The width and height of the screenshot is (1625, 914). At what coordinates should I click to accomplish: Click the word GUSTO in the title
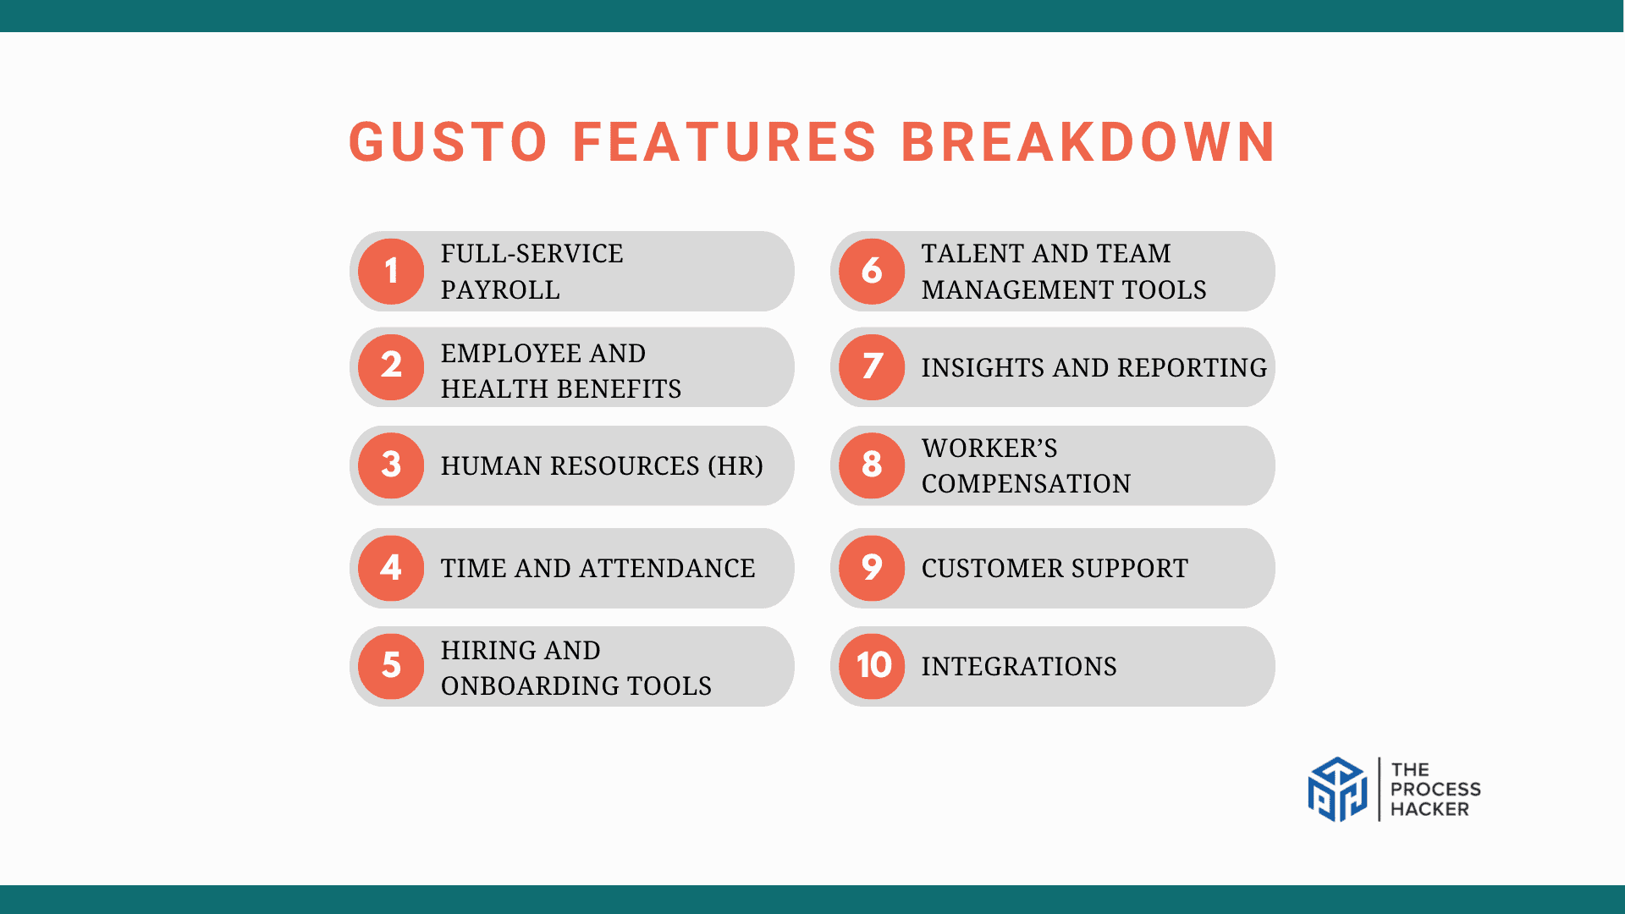pos(449,141)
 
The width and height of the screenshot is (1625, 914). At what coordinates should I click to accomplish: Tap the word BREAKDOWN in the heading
pos(1088,141)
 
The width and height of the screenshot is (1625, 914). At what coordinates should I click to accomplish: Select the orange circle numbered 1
pos(391,272)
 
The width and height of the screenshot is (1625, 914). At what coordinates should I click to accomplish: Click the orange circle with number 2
pos(391,367)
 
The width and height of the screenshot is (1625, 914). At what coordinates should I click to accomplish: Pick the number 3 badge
pos(391,465)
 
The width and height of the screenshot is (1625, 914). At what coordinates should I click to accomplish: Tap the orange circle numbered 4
pos(391,568)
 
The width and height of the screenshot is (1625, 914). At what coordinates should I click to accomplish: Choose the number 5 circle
pos(391,666)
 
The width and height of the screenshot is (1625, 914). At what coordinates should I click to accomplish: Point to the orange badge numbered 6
pos(872,272)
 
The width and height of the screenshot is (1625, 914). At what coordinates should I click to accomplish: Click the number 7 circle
pos(872,367)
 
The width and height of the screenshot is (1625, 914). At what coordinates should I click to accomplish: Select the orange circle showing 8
pos(872,465)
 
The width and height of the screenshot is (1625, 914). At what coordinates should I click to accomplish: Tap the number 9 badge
pos(872,568)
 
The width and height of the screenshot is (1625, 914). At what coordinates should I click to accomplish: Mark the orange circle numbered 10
pos(872,666)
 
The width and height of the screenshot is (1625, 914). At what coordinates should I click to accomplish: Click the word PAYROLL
pos(500,290)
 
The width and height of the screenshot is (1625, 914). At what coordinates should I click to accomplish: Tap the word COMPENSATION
pos(1026,484)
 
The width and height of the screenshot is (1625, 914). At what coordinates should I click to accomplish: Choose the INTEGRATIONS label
pos(1019,667)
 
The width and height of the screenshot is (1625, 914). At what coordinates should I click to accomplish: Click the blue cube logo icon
pos(1337,790)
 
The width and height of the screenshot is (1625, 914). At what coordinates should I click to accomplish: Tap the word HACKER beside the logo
pos(1429,810)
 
